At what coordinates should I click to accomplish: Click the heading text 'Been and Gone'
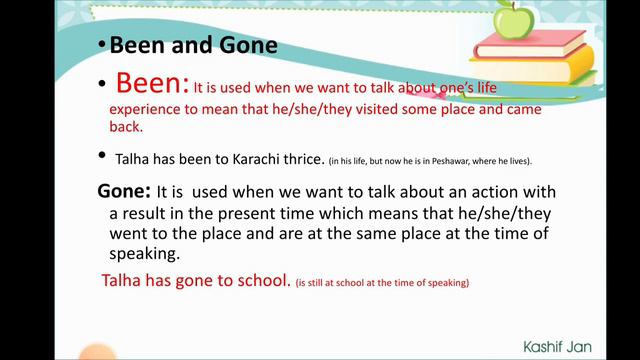coord(193,46)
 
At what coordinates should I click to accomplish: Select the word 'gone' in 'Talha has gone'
coord(199,282)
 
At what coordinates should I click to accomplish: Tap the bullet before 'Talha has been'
coord(102,157)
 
